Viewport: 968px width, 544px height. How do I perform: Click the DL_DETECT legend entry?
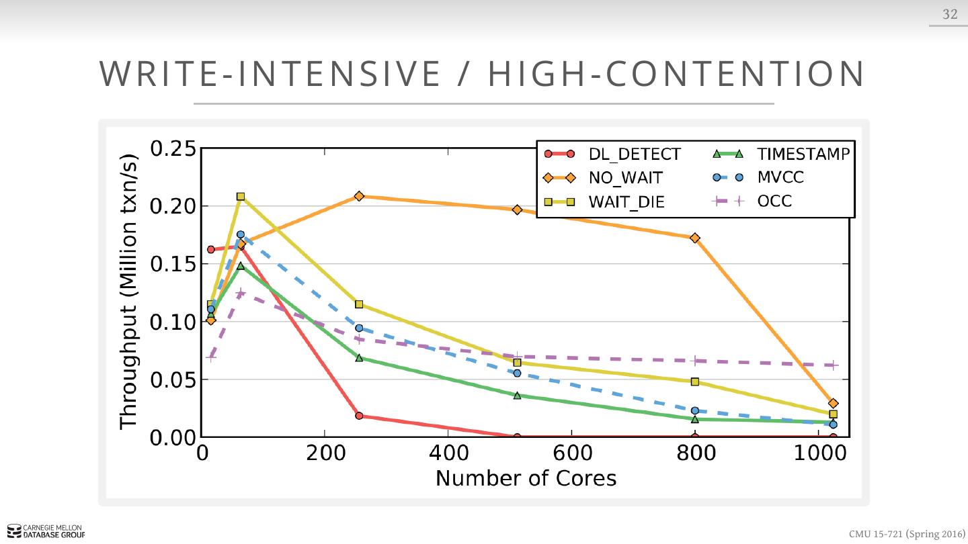[x=634, y=154]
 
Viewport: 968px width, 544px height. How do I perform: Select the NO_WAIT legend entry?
[x=625, y=178]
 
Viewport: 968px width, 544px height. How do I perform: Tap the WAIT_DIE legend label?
[x=627, y=201]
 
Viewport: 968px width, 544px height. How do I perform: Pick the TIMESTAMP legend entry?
[x=803, y=154]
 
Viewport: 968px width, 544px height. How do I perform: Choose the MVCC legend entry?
[x=780, y=177]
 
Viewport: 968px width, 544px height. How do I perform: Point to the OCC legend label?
[x=774, y=201]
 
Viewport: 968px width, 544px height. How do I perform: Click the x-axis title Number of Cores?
[x=526, y=478]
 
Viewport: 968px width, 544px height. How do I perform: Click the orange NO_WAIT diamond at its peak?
[x=359, y=196]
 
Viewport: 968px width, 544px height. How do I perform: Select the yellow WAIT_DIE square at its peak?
[x=241, y=197]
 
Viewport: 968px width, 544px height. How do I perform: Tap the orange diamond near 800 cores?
[x=694, y=238]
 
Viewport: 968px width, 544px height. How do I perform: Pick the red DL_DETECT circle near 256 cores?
[x=359, y=416]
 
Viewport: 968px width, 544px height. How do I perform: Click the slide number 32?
[x=950, y=14]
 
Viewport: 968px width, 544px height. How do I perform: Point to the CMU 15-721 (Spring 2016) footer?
[x=906, y=534]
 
